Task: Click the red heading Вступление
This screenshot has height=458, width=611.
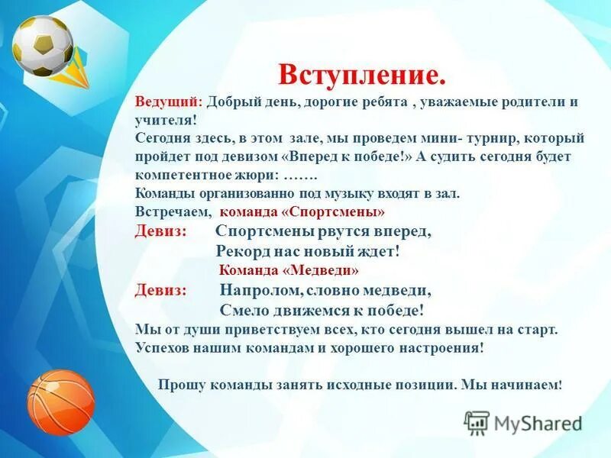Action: [361, 75]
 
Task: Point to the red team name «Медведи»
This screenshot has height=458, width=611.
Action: [322, 270]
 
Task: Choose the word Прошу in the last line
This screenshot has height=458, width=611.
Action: [180, 385]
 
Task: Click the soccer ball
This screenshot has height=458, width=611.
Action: [43, 46]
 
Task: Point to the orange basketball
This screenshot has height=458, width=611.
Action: [60, 402]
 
